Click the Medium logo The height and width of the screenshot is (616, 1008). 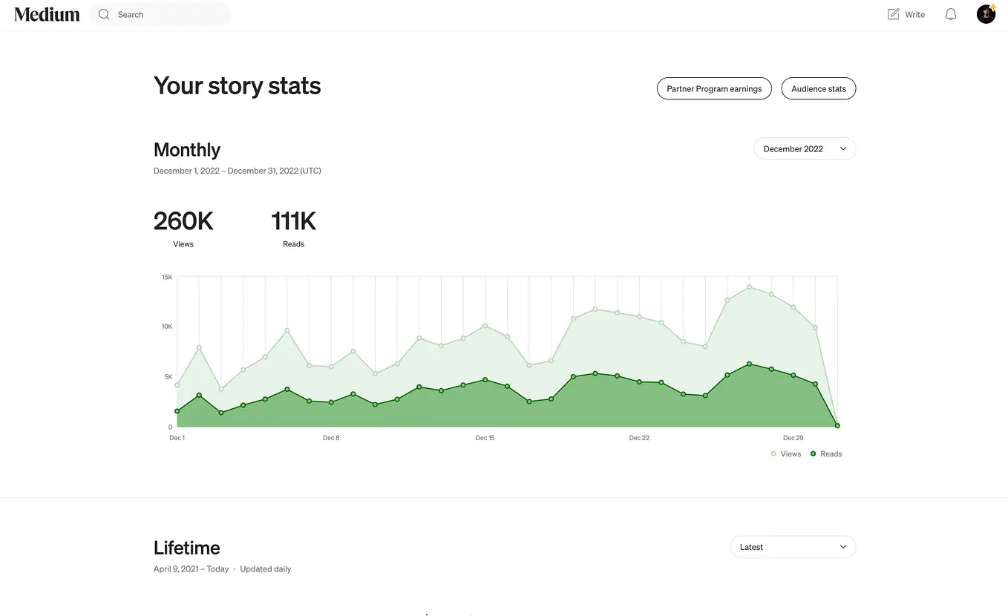coord(47,14)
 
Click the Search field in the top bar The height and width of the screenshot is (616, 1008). coord(160,14)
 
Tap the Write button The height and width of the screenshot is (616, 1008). coord(906,14)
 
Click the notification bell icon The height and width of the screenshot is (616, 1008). coord(950,14)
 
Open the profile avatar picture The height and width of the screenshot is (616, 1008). coord(986,14)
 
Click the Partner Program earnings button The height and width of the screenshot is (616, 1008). coord(714,88)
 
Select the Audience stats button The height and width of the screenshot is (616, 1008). coord(819,88)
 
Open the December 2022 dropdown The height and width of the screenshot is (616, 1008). coord(805,148)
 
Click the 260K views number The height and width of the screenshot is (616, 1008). coord(183,221)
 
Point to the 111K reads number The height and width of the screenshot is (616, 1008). coord(293,221)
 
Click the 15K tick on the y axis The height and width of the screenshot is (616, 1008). coord(167,277)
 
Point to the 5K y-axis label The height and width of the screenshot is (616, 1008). coord(168,376)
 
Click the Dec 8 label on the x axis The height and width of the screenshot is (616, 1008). coord(331,438)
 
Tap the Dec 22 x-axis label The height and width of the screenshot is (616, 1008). coord(639,438)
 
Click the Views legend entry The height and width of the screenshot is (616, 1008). coord(786,453)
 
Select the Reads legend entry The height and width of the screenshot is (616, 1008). coord(826,453)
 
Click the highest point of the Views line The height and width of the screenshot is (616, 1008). coord(749,286)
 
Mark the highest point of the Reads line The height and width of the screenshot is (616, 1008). coord(749,364)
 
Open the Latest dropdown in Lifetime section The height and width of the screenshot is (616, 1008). coord(793,547)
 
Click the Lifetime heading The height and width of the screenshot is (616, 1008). coord(187,548)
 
